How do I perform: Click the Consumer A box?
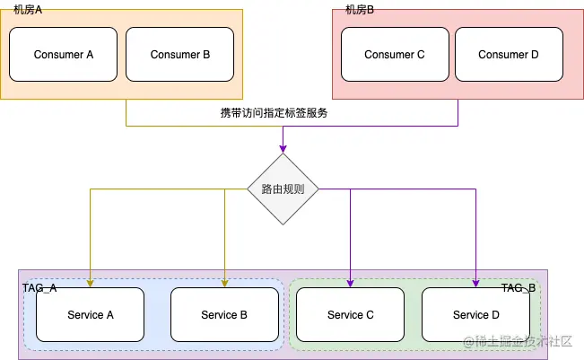(x=64, y=55)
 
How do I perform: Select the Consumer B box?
(x=180, y=55)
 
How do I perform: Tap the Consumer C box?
(x=395, y=55)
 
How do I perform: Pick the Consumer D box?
(x=509, y=55)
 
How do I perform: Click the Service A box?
(x=91, y=315)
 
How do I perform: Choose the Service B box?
(x=224, y=315)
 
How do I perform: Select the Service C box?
(x=351, y=315)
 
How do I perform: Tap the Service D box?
(x=476, y=315)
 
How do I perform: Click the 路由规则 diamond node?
(x=283, y=189)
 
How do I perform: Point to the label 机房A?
(x=29, y=10)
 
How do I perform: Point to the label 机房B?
(x=360, y=10)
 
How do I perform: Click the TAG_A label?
(x=39, y=287)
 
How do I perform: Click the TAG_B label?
(x=519, y=287)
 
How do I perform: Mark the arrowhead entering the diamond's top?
(x=283, y=148)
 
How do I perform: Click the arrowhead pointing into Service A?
(x=91, y=283)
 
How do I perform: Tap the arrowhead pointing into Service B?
(x=224, y=283)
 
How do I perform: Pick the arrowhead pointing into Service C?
(x=351, y=283)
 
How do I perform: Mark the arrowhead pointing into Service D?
(x=476, y=283)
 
